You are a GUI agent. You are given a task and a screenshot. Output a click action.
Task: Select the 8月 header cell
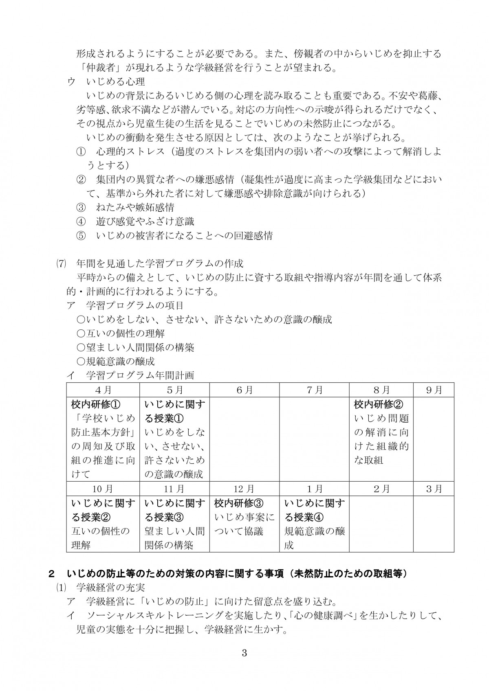[381, 390]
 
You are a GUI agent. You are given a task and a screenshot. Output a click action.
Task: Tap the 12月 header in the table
[244, 489]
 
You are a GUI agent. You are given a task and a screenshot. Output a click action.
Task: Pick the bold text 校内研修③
[240, 503]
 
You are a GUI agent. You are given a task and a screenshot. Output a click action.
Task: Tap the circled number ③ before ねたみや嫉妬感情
[81, 207]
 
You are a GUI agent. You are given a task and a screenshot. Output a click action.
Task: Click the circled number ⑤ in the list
[81, 235]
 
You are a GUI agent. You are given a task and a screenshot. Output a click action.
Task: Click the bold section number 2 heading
[51, 574]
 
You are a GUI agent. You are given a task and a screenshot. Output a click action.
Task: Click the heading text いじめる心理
[116, 82]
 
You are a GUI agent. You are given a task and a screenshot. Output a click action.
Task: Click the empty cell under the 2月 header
[381, 524]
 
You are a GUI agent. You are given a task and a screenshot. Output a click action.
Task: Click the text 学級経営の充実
[110, 588]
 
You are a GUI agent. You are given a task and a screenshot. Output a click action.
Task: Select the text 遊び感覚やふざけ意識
[145, 222]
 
